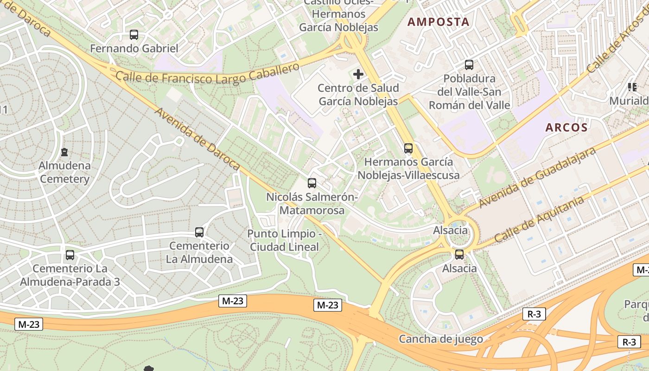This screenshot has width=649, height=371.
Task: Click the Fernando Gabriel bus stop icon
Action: (134, 34)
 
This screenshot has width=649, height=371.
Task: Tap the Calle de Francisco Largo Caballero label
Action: (208, 75)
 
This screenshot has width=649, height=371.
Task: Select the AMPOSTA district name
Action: (438, 22)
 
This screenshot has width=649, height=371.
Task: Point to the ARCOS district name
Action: (566, 128)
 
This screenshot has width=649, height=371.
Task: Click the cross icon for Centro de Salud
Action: (358, 74)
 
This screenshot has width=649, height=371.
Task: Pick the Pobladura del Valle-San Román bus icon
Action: (469, 65)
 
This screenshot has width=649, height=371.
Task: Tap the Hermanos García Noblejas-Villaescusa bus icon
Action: (408, 148)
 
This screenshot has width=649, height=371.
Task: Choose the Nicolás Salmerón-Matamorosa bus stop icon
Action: (312, 183)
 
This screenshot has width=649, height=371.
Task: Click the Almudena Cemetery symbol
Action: (64, 152)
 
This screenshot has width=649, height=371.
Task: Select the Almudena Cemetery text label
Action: (64, 172)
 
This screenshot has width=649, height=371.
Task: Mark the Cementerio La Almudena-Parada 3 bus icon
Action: (70, 255)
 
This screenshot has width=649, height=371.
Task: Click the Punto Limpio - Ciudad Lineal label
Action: (284, 240)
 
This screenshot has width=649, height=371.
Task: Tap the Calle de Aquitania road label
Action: (538, 219)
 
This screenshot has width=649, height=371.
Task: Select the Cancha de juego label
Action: (441, 339)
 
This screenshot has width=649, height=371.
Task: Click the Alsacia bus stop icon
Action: (459, 255)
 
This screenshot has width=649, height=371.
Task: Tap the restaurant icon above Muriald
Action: (632, 87)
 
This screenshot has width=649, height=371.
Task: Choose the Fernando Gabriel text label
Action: (134, 48)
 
